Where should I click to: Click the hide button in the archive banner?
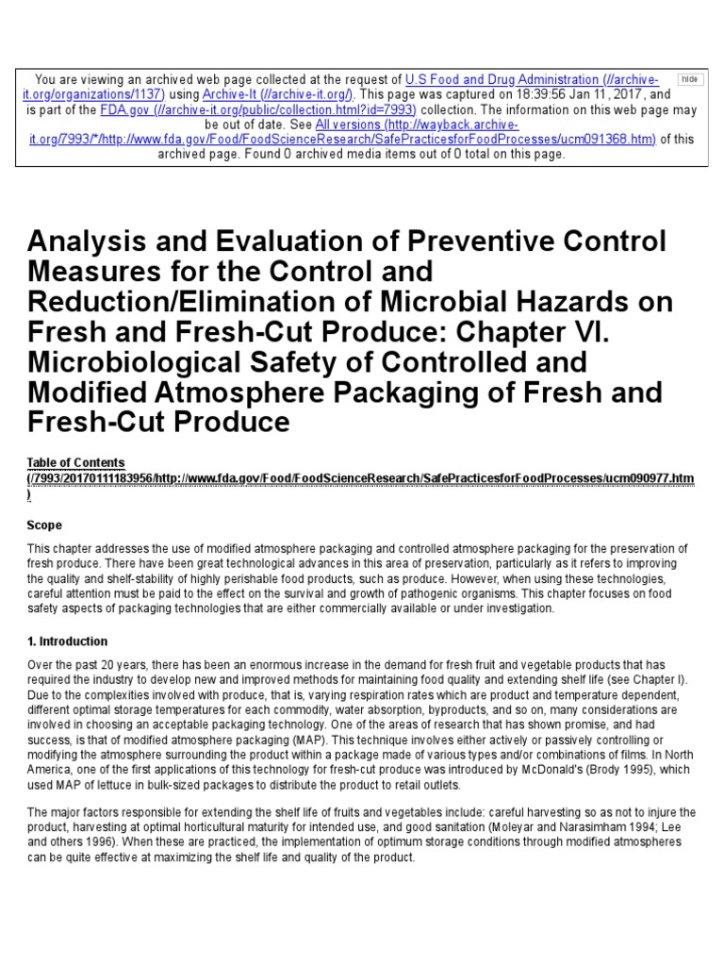click(x=691, y=80)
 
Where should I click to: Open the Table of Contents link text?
click(x=75, y=462)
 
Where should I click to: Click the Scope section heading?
click(x=44, y=525)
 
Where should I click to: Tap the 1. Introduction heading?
click(x=67, y=641)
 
